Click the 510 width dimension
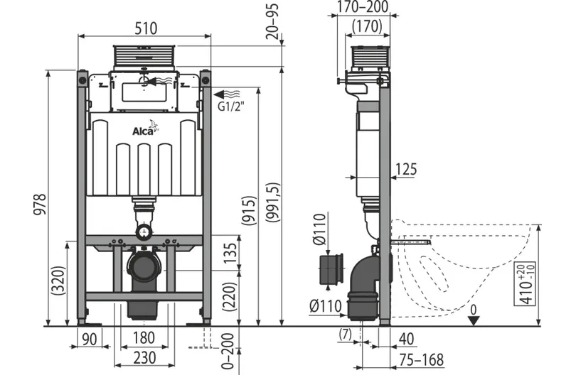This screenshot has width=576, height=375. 146,28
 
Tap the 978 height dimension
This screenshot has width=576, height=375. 40,205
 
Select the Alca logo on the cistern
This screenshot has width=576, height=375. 145,129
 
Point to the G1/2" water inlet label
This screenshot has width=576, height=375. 231,106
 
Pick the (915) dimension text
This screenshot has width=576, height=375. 249,211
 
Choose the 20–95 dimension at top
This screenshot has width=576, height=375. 272,21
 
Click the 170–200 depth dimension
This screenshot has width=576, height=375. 363,6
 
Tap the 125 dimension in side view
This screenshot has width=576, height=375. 406,169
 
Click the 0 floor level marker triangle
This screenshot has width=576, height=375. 474,321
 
